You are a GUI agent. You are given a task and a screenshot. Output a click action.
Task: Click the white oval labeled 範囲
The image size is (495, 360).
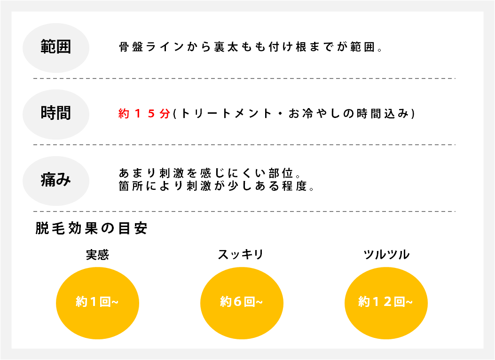[x=56, y=47]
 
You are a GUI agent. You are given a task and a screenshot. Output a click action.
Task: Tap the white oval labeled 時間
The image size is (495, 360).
[x=56, y=114]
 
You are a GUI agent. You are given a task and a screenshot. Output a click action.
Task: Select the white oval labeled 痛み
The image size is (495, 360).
[x=56, y=180]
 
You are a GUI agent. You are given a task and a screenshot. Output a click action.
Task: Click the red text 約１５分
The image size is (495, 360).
[x=144, y=114]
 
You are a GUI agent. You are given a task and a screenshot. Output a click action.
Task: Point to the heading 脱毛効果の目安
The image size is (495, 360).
[x=92, y=229]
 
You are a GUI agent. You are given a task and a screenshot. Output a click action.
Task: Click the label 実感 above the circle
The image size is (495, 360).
[x=97, y=255]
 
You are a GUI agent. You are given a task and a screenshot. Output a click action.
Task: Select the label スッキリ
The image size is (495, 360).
[x=241, y=255]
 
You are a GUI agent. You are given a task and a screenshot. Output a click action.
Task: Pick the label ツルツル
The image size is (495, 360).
[x=386, y=255]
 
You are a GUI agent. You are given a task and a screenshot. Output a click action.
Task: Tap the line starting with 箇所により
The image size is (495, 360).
[x=216, y=186]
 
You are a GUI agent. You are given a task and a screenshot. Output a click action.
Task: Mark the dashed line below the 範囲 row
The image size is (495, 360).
[x=244, y=78]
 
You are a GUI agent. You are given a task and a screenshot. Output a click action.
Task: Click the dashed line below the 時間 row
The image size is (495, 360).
[x=244, y=145]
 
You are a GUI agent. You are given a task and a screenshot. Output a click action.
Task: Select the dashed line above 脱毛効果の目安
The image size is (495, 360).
[x=244, y=211]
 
